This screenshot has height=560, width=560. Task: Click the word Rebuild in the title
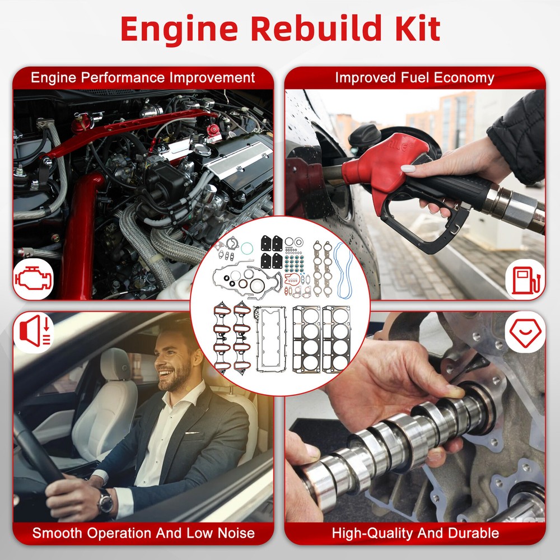click(x=316, y=29)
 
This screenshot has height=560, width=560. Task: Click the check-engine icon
click(x=33, y=278)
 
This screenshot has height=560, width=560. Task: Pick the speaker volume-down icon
click(x=35, y=331)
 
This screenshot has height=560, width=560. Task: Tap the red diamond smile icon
click(x=525, y=332)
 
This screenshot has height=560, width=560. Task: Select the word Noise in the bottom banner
click(x=236, y=533)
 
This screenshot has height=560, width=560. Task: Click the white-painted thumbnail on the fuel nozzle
click(x=408, y=169)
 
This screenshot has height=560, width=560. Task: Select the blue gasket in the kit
click(x=343, y=270)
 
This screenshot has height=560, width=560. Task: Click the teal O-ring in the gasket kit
click(x=247, y=248)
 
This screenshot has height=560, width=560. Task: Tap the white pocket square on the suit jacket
click(x=192, y=432)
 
